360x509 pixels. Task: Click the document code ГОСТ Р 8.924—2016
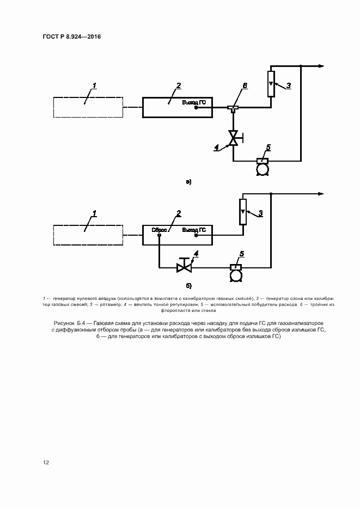72,37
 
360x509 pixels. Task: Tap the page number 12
46,463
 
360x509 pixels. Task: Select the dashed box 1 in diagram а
88,107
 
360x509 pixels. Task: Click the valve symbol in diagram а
234,138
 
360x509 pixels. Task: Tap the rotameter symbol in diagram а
271,84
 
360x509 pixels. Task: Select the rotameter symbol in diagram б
242,212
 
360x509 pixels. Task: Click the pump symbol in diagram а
263,167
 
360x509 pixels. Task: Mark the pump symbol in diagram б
236,273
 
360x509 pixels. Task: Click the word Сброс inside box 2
159,230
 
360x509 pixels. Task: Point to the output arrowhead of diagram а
321,66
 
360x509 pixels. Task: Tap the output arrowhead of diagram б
321,194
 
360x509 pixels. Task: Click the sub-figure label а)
188,181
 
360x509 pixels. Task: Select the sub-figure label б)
188,285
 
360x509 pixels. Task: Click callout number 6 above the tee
245,86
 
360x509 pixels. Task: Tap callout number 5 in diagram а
268,147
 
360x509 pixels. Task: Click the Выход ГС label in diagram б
193,230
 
